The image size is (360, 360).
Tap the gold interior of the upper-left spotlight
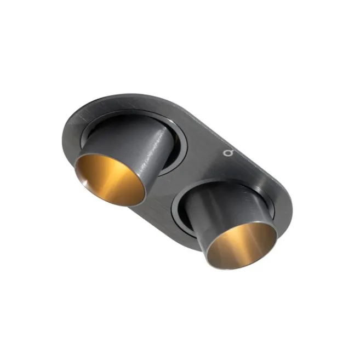click(112, 178)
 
